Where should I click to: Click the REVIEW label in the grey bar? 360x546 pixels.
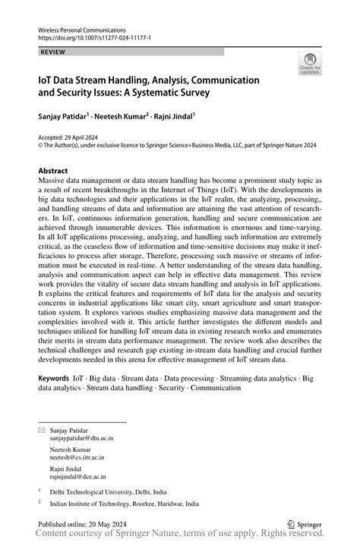pos(53,51)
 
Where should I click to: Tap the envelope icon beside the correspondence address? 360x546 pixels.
pos(42,430)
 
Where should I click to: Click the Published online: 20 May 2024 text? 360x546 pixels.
pos(81,524)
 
